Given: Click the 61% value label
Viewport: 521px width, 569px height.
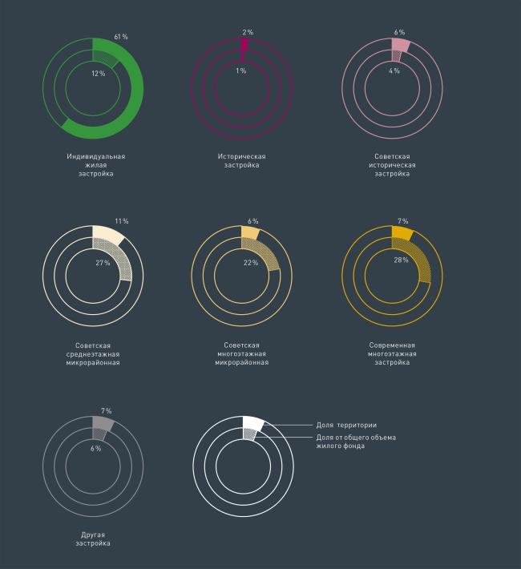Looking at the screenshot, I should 121,37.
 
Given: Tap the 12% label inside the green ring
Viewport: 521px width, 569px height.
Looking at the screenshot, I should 98,73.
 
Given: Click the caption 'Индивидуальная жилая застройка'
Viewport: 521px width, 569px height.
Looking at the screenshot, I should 95,165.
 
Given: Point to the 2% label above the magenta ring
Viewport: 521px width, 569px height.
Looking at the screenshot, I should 248,33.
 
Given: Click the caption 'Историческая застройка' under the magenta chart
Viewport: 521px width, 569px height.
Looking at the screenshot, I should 242,161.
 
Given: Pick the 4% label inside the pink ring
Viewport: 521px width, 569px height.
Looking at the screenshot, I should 394,71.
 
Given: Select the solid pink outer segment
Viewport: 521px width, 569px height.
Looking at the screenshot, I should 401,45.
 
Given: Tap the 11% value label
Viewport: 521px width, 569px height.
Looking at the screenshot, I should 122,221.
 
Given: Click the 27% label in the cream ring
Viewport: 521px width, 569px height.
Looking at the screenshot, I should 103,263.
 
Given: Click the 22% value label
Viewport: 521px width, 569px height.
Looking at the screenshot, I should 250,263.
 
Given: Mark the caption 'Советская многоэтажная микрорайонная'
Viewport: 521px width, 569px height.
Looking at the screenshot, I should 242,353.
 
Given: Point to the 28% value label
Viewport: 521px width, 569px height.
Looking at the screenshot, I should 401,260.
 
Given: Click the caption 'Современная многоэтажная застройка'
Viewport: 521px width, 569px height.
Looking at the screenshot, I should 393,353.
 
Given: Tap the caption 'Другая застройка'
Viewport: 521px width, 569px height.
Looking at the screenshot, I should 93,539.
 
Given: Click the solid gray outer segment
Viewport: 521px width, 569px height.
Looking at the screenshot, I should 103,423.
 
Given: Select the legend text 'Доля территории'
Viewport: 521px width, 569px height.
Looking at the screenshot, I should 346,425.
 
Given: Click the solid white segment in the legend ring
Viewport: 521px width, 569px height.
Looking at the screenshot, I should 252,423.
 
